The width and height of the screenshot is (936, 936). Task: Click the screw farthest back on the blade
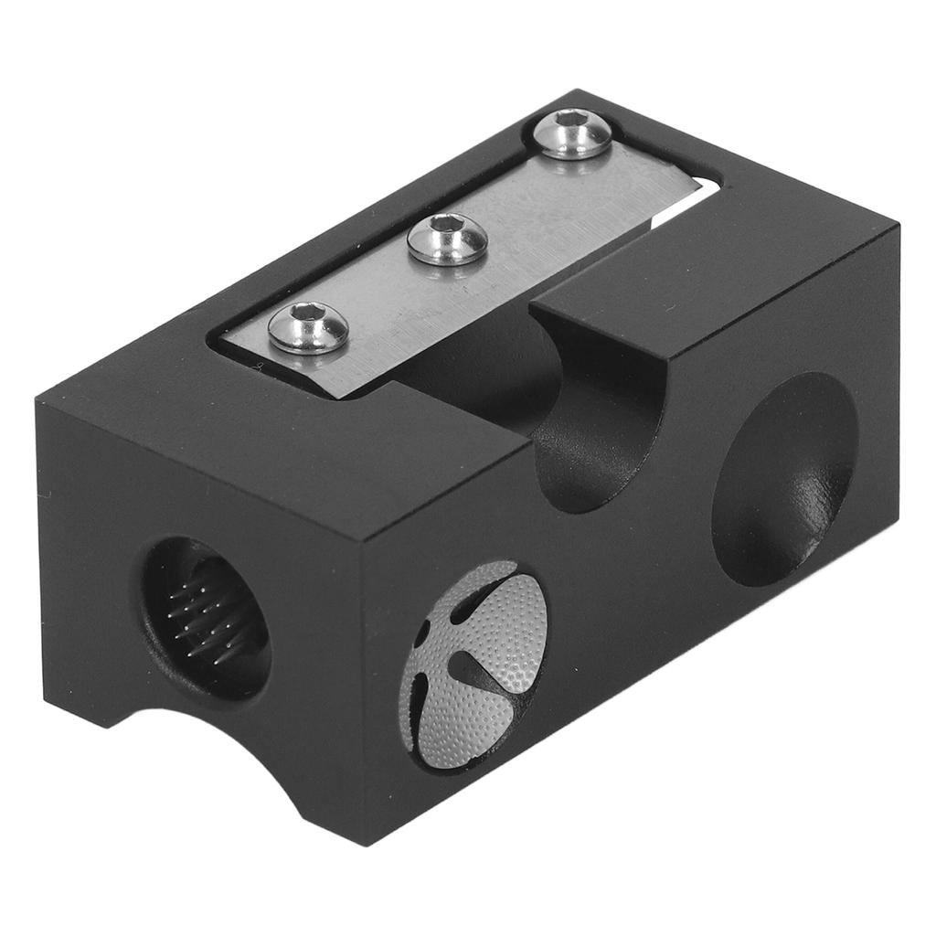coord(571,133)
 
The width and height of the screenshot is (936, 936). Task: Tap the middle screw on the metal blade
coord(447,239)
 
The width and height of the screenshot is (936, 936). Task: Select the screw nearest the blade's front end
coord(308,329)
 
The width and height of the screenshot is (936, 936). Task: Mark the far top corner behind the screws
coord(578,90)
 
